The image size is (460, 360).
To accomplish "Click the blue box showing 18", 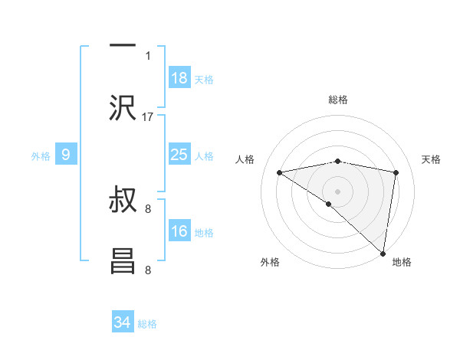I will click(179, 78).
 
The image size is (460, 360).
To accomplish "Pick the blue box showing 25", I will click(179, 155).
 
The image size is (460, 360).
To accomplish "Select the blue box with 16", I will click(179, 231).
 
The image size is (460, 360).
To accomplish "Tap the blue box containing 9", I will click(66, 155).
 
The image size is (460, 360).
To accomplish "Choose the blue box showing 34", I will click(122, 322).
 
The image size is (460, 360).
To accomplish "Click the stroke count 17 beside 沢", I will click(148, 117).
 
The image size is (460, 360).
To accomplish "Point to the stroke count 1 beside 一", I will click(148, 56).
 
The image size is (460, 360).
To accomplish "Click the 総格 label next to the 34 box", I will click(148, 324).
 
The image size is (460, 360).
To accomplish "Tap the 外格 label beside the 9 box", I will click(41, 156).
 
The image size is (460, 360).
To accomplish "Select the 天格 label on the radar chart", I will click(432, 159).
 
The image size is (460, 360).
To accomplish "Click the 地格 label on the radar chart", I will click(402, 263).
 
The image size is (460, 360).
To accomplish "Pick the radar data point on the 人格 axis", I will click(280, 172).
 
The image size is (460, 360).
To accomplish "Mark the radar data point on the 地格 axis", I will click(383, 253).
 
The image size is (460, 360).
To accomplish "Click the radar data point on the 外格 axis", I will click(329, 204).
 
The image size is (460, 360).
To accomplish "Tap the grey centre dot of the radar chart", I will click(337, 191).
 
